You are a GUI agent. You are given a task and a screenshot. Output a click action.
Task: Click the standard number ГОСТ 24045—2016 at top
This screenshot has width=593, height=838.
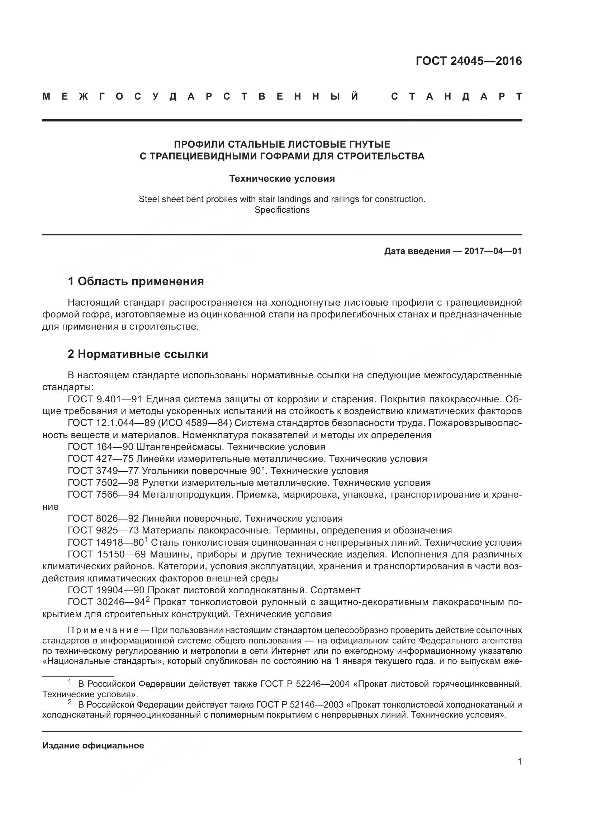coord(469,61)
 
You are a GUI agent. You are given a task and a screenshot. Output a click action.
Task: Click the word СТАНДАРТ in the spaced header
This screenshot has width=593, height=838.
coord(456,97)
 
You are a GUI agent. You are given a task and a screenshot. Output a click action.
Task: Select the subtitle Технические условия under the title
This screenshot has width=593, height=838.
coord(282,178)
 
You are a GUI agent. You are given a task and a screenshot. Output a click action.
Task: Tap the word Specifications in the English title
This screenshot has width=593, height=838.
coord(282,210)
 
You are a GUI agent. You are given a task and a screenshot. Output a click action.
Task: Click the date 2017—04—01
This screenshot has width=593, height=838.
coord(493,251)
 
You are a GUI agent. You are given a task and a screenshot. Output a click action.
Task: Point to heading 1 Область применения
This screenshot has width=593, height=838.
coord(136,281)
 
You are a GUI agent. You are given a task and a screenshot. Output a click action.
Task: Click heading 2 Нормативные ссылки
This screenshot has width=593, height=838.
coord(138,354)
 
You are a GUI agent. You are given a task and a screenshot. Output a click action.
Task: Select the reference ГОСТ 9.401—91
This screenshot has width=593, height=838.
coord(105,399)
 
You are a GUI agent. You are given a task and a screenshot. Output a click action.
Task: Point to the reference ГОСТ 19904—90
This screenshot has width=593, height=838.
coord(106,590)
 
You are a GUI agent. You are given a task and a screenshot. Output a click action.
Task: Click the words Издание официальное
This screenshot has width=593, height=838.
coord(93,746)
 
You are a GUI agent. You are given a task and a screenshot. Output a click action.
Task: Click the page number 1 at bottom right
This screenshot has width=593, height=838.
coord(519,762)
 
